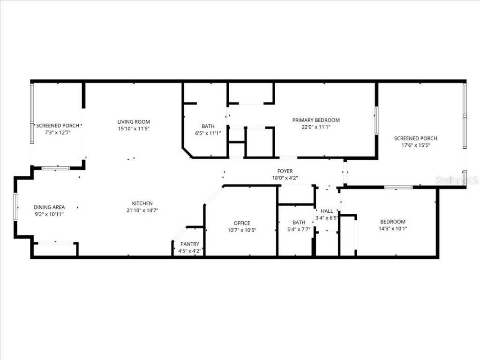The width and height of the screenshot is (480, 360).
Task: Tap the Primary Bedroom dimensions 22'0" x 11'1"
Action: [x=316, y=127]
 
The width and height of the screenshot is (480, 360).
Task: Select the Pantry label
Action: [x=189, y=244]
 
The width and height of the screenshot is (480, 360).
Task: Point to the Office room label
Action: [x=242, y=223]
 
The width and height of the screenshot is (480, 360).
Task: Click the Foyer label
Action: [x=285, y=172]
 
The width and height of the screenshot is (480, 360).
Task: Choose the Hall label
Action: [x=327, y=211]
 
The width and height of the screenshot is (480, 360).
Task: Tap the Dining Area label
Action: [x=49, y=207]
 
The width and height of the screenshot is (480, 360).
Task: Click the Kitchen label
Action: [x=142, y=203]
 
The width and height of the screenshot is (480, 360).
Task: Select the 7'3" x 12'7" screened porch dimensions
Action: [x=58, y=133]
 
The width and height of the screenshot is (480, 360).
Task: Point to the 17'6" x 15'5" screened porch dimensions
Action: [x=415, y=145]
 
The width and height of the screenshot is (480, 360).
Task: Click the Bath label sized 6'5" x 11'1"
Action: [x=208, y=126]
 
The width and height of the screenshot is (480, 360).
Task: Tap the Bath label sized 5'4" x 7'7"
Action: [x=299, y=223]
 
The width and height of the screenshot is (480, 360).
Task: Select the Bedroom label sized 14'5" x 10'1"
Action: [x=393, y=222]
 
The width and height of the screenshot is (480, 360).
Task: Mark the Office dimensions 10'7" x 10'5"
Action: [x=242, y=230]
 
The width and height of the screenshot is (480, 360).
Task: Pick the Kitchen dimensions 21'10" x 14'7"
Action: [x=142, y=210]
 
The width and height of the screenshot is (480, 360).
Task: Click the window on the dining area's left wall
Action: [x=15, y=207]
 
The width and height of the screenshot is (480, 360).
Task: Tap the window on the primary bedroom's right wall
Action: [x=375, y=120]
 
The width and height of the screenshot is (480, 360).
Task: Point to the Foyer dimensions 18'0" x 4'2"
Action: [x=285, y=178]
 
